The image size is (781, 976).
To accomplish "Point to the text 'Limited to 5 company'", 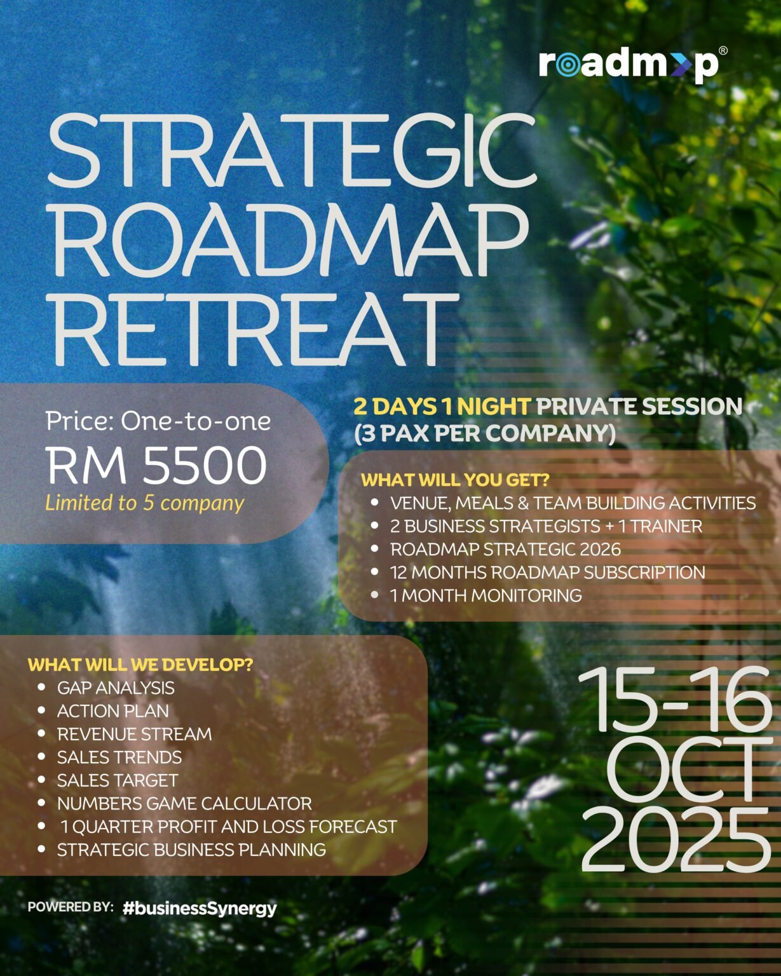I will tap(144, 503).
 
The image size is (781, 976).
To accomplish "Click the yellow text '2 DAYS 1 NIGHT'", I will tap(442, 407).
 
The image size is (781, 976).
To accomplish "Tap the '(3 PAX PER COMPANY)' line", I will tap(485, 434).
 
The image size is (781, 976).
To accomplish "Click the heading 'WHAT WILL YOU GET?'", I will tap(455, 480).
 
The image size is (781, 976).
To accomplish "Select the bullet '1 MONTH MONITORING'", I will tap(486, 595).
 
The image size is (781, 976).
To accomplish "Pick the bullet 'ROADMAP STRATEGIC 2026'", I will tap(505, 549).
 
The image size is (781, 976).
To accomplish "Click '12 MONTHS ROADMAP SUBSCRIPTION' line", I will tap(547, 573).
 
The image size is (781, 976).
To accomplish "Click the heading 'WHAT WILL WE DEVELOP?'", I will tap(140, 665).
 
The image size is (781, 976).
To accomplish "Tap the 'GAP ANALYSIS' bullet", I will tap(116, 688).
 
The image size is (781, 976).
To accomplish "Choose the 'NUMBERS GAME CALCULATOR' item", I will tap(184, 803).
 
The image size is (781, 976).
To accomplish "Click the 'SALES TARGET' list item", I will tap(118, 780).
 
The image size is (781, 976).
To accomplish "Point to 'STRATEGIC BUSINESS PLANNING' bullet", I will tap(191, 850).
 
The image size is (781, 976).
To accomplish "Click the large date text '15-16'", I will tap(675, 699).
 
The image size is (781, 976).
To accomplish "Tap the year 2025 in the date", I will tap(676, 841).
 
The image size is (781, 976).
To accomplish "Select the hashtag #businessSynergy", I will tap(200, 908).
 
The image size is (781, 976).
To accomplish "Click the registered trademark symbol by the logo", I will tap(723, 51).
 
